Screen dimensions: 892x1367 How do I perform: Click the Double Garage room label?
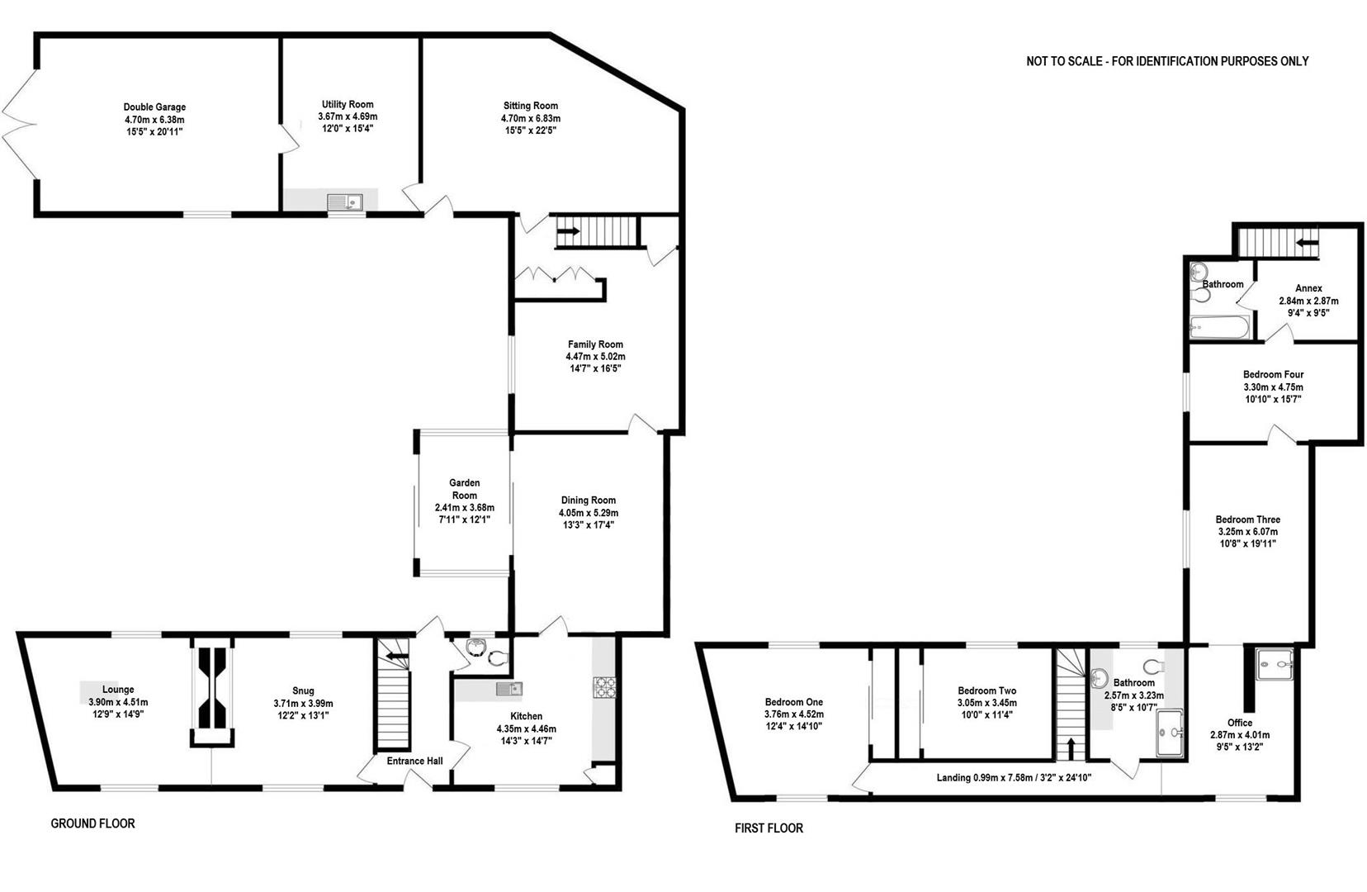(x=154, y=107)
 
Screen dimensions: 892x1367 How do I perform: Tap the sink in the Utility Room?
(x=345, y=201)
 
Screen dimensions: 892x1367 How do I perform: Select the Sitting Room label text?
(x=531, y=106)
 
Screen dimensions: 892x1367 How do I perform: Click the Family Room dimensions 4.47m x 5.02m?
(x=594, y=357)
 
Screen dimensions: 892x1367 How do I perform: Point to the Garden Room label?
(x=464, y=489)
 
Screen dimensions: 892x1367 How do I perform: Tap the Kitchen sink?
(x=509, y=688)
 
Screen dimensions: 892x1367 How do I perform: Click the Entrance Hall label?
(x=414, y=762)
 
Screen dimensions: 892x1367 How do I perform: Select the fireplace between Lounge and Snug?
(x=213, y=692)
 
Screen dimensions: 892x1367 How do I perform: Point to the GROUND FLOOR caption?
(x=92, y=823)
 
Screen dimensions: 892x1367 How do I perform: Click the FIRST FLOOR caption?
(x=769, y=828)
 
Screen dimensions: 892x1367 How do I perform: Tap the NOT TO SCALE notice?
(x=1167, y=61)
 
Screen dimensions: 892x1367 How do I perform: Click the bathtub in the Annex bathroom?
(x=1219, y=329)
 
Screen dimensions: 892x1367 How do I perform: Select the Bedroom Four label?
(x=1273, y=375)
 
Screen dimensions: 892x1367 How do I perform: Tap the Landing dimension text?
(x=1014, y=777)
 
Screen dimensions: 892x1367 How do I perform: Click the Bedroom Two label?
(x=986, y=690)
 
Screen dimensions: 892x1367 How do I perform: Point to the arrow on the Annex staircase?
(x=1307, y=243)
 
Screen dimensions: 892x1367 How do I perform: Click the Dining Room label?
(x=588, y=501)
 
